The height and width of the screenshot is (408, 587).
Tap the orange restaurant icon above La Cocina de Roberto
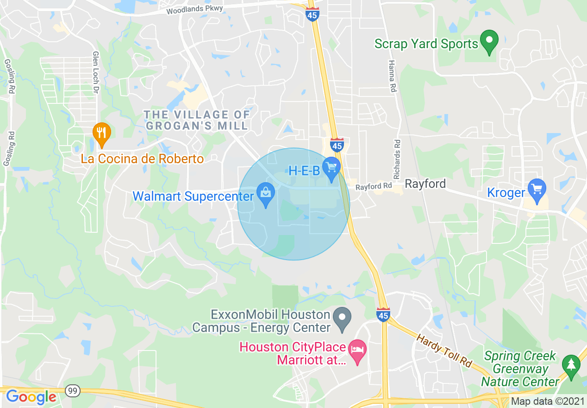(x=101, y=133)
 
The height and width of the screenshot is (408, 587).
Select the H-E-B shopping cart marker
(x=331, y=167)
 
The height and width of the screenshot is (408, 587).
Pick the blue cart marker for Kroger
(x=537, y=190)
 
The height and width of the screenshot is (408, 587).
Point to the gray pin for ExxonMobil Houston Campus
(x=343, y=319)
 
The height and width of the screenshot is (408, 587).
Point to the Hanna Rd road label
(x=392, y=76)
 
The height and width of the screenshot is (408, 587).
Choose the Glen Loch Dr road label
(x=96, y=71)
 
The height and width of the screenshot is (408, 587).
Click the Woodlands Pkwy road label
(x=194, y=10)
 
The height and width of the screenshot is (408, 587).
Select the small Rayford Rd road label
(x=374, y=187)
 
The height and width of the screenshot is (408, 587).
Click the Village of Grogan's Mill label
(x=197, y=120)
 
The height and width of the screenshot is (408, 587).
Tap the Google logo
(x=31, y=397)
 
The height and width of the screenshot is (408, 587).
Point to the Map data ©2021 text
(x=547, y=401)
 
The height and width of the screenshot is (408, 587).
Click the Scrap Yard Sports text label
(x=426, y=44)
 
